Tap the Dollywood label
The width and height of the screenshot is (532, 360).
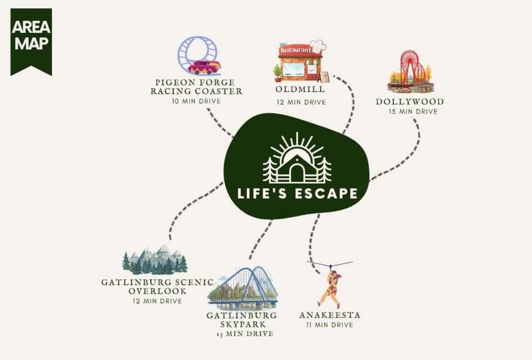click(410, 102)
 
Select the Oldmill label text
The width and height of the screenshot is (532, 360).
click(300, 89)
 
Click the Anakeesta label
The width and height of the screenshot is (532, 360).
click(330, 315)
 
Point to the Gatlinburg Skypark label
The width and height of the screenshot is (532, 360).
click(242, 320)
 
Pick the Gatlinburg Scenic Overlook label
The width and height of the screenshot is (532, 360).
click(158, 286)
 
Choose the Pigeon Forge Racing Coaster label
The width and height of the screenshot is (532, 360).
click(196, 87)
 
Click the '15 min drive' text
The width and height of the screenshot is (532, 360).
click(413, 111)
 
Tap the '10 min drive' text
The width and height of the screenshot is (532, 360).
click(196, 101)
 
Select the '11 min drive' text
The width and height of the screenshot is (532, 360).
click(330, 325)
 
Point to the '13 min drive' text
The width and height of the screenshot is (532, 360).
click(245, 334)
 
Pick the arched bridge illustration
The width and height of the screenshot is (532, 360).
click(243, 287)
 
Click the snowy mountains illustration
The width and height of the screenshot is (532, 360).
click(155, 259)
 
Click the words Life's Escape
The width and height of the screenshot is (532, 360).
click(297, 193)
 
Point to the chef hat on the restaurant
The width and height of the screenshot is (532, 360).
click(318, 47)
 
